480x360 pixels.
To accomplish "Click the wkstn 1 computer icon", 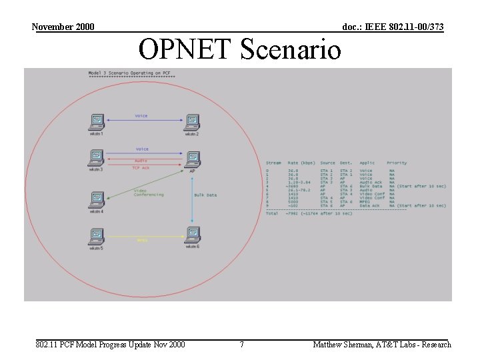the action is pyautogui.click(x=97, y=122).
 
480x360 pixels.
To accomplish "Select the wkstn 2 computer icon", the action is pyautogui.click(x=192, y=122).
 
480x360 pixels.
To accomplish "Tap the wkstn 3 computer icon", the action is pyautogui.click(x=97, y=158).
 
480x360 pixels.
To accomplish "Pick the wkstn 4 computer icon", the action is pyautogui.click(x=97, y=200).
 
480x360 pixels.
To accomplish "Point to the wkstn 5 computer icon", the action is pyautogui.click(x=97, y=236).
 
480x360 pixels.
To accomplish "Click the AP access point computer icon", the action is pyautogui.click(x=192, y=159).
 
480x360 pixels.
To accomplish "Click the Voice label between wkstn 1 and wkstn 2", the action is pyautogui.click(x=141, y=116).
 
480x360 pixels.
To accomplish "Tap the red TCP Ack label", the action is pyautogui.click(x=141, y=168).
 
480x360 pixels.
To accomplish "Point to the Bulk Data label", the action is pyautogui.click(x=205, y=195).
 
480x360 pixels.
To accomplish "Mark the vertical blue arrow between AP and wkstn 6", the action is pyautogui.click(x=192, y=200).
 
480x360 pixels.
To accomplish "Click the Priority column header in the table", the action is pyautogui.click(x=397, y=163).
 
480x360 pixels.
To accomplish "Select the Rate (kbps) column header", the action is pyautogui.click(x=301, y=163).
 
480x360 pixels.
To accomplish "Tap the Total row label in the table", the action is pyautogui.click(x=272, y=213).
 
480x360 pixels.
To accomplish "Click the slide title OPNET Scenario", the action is pyautogui.click(x=239, y=49).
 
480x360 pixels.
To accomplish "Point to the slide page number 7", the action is pyautogui.click(x=241, y=345).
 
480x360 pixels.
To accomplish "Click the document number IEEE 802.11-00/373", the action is pyautogui.click(x=393, y=27).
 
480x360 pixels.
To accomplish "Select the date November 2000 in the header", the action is pyautogui.click(x=63, y=27).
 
